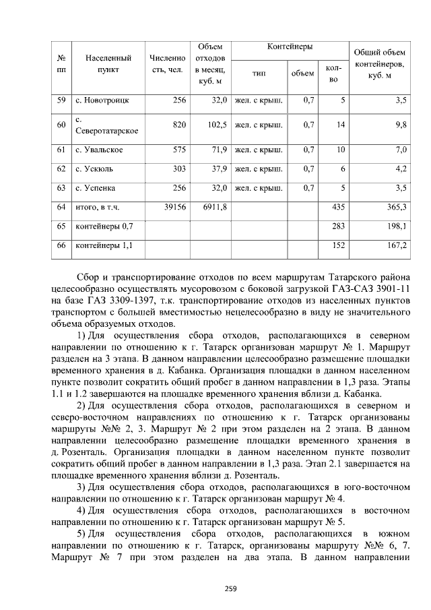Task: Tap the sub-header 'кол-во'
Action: pyautogui.click(x=333, y=74)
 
